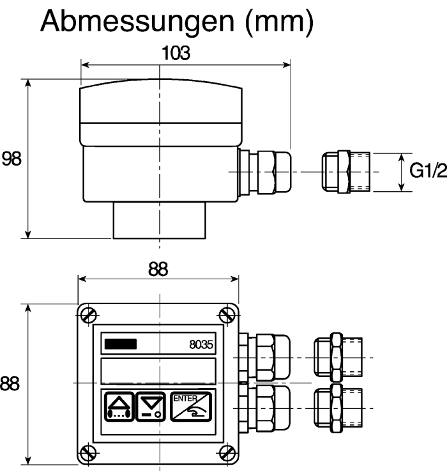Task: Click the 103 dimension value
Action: coord(176,53)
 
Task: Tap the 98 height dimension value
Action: coord(11,159)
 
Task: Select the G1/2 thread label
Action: coord(428,171)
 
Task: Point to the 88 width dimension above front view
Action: coord(158,269)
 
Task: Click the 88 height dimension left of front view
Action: coord(10,383)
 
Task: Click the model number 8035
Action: coord(201,344)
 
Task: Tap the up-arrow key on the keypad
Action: coord(119,406)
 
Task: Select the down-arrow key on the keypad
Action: coord(151,406)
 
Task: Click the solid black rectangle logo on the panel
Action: coord(121,344)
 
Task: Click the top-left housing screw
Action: coord(89,315)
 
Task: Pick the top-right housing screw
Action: coord(227,315)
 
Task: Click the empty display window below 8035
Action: coord(158,371)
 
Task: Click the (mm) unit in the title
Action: coord(279,22)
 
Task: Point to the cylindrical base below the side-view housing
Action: coord(160,220)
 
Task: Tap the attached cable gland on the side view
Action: coord(265,172)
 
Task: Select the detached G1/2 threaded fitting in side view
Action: coord(346,172)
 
